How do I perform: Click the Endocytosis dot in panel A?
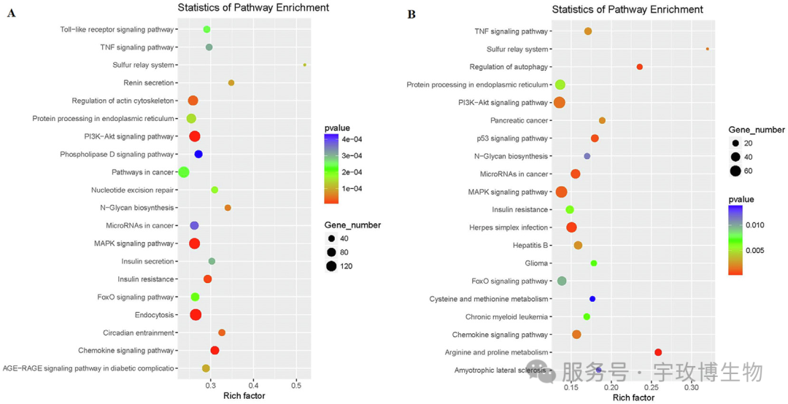click(196, 315)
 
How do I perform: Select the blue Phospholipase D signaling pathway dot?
click(198, 154)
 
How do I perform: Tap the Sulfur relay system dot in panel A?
click(304, 65)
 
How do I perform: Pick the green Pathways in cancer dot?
click(184, 172)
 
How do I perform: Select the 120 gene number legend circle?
click(332, 265)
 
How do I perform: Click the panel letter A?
click(11, 13)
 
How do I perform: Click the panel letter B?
click(412, 14)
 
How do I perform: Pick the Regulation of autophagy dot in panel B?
click(640, 67)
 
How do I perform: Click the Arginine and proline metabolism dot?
click(658, 352)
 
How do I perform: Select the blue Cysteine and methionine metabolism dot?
click(592, 299)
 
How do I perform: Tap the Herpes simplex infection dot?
click(571, 228)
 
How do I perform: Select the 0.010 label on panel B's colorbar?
click(755, 225)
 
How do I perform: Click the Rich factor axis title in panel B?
click(633, 398)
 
